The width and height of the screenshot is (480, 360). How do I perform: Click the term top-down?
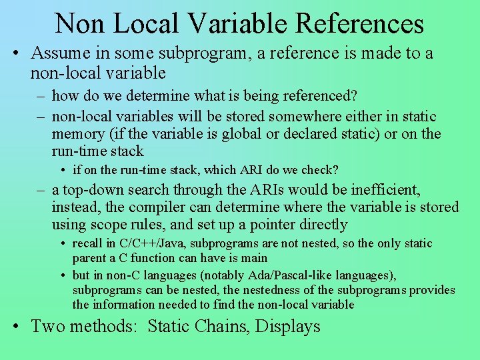coord(92,190)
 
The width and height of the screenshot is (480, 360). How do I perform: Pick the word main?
coord(254,258)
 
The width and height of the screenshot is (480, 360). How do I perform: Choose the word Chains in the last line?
coord(214,326)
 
